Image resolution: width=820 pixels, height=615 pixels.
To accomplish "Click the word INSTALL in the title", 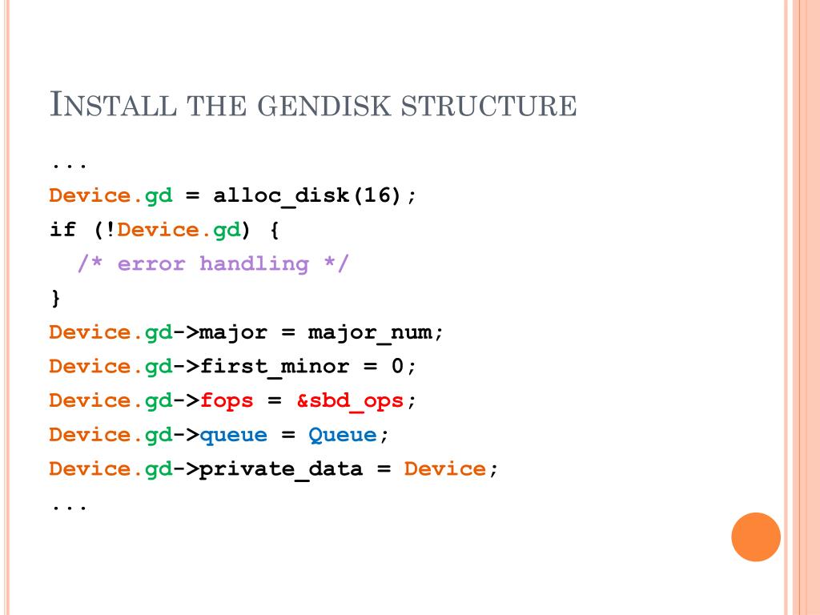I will (x=113, y=106).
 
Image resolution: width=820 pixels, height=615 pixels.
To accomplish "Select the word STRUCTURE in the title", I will (x=496, y=106).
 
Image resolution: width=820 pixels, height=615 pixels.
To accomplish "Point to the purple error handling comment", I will (x=214, y=263).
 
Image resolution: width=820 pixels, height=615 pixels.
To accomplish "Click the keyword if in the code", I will (x=62, y=230).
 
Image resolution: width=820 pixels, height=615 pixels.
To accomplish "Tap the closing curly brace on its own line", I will (x=55, y=299).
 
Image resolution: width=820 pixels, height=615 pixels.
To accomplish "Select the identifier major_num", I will (x=371, y=332).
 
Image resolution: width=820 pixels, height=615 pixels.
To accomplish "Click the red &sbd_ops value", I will (x=350, y=400).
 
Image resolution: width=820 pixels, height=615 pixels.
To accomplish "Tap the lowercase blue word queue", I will (x=233, y=435).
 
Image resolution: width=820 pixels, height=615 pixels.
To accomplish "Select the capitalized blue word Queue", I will (x=342, y=435).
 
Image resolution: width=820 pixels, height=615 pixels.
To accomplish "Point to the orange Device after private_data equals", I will (x=445, y=468).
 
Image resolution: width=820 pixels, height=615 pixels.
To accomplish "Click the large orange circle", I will (x=756, y=537).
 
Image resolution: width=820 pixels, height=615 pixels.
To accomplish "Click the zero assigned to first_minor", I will (x=397, y=367).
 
